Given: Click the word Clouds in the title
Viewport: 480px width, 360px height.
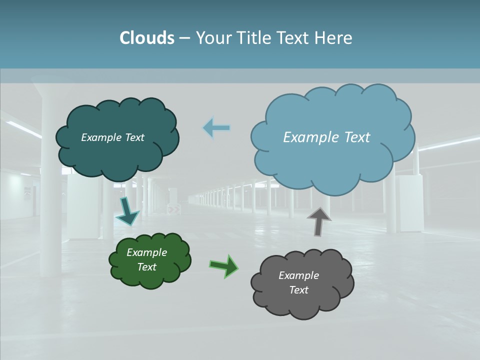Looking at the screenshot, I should (x=147, y=38).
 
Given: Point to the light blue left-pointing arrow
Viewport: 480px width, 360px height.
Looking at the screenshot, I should (x=216, y=128).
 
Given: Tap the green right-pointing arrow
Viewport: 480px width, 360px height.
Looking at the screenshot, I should (x=224, y=266).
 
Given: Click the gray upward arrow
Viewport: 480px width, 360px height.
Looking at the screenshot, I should (x=319, y=221).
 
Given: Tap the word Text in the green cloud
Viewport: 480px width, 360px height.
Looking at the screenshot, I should (x=147, y=267).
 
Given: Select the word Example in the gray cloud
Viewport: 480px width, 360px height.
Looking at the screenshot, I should (x=298, y=275).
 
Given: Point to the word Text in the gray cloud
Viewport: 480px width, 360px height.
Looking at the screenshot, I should (x=298, y=290).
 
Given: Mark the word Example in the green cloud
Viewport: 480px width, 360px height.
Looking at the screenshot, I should (x=146, y=252).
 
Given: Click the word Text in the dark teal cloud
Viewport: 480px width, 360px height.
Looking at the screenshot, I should (x=134, y=137).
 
